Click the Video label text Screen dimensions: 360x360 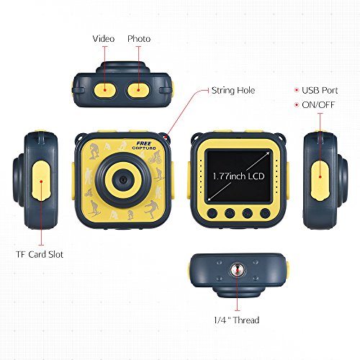[104, 39]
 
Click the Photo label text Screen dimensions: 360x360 [139, 39]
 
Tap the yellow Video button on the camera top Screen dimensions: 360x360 [105, 90]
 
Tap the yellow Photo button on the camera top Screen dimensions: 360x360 [138, 90]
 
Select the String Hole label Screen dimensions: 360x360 [233, 91]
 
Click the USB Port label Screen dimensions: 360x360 [320, 91]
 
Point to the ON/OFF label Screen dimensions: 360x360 [318, 105]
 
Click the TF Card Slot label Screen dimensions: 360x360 [40, 254]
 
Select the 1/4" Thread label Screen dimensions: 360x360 [237, 320]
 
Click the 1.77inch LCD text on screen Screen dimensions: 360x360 [238, 176]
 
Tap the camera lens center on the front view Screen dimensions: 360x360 [124, 179]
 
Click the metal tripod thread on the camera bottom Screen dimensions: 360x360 [238, 270]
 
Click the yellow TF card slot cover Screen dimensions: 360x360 [41, 181]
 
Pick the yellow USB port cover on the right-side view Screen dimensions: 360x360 [320, 181]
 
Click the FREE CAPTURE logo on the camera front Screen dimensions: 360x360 [144, 145]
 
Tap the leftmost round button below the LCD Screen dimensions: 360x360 [212, 213]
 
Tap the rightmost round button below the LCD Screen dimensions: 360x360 [265, 213]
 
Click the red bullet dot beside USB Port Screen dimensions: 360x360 [297, 90]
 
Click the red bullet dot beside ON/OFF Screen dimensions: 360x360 [297, 105]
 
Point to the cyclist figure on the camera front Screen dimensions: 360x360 [155, 158]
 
